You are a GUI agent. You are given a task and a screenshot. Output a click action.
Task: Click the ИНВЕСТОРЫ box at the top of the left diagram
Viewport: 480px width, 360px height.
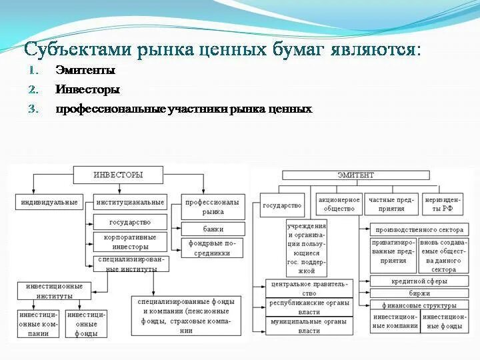[x=117, y=175]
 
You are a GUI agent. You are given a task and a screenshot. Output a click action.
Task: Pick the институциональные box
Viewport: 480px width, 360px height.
[x=130, y=202]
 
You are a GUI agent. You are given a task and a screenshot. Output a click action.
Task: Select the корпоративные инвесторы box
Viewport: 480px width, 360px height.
[x=130, y=241]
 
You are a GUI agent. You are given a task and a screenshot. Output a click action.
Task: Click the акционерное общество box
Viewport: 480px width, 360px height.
[x=339, y=204]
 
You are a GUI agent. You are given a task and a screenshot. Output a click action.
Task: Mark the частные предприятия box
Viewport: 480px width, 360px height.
[x=391, y=204]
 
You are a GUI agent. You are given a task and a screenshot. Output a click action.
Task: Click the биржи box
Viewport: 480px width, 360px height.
[x=419, y=293]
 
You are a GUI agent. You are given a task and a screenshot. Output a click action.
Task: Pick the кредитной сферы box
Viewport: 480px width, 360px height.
[x=419, y=281]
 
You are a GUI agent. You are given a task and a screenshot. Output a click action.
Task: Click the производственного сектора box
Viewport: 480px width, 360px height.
[x=419, y=229]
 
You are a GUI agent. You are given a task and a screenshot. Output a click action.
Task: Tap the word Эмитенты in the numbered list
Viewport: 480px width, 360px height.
[x=85, y=71]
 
